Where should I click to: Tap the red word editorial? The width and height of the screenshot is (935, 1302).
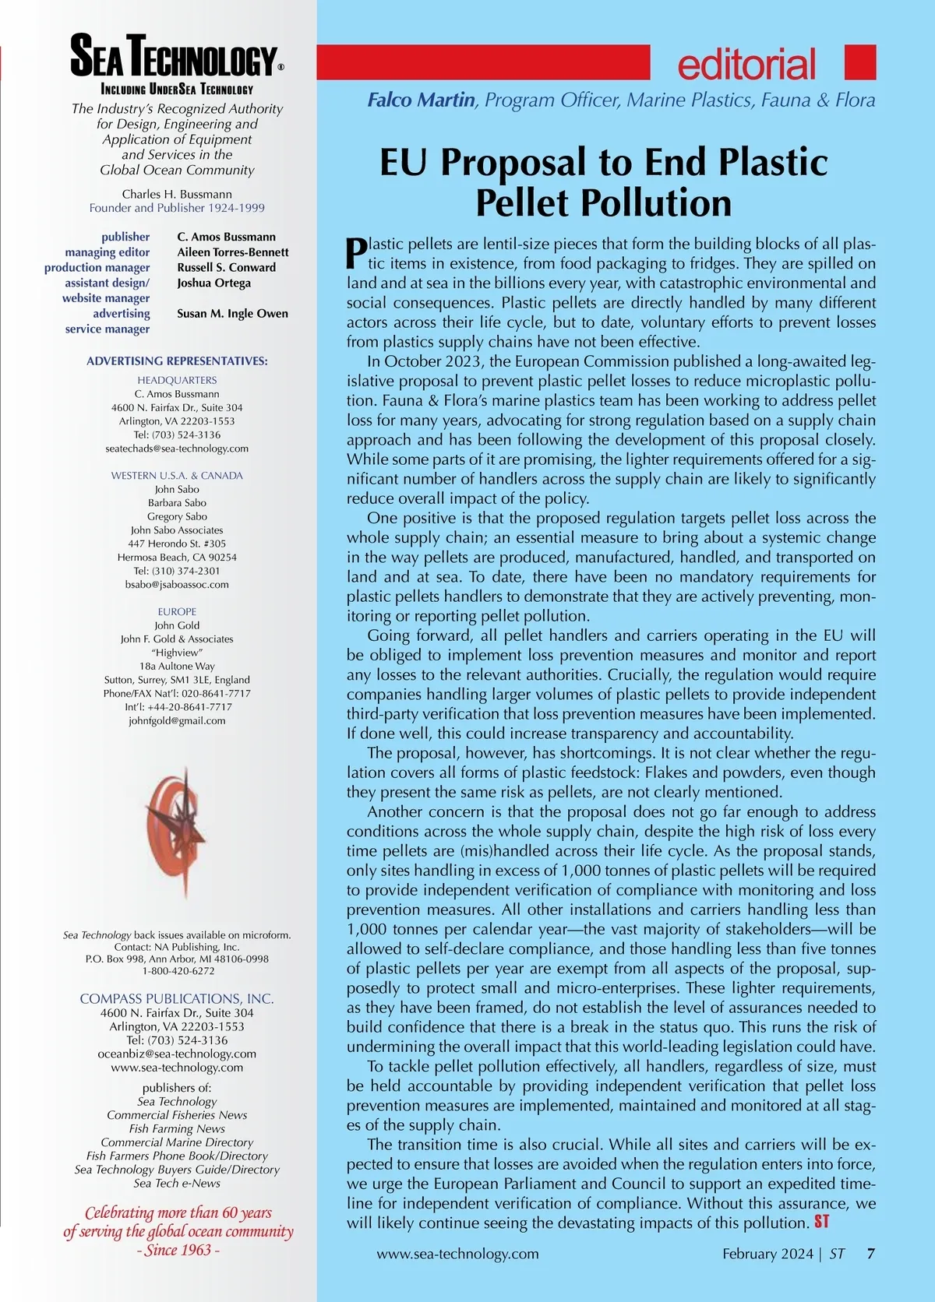tap(746, 64)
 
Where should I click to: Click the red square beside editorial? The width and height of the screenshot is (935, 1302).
tap(860, 62)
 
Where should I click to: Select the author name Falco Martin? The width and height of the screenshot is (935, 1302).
tap(421, 100)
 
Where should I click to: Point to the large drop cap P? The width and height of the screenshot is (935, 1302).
tap(355, 252)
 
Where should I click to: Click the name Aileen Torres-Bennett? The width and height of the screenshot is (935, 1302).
tap(232, 252)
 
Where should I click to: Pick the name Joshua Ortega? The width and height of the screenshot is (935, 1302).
tap(213, 283)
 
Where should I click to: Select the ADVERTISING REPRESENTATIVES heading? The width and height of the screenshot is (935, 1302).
tap(177, 361)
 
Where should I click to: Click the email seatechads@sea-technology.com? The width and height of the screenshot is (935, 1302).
tap(177, 449)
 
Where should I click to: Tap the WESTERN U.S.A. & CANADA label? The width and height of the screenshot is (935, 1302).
tap(177, 475)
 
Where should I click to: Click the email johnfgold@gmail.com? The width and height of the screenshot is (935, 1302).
tap(177, 720)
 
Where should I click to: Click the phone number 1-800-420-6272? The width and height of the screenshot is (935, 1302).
tap(178, 971)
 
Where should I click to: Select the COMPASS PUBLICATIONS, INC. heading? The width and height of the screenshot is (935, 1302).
tap(177, 998)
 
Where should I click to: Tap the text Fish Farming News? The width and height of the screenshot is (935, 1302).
tap(177, 1128)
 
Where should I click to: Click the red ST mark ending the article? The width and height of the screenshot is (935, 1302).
tap(822, 1222)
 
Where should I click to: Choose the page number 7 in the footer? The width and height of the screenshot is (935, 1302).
tap(870, 1254)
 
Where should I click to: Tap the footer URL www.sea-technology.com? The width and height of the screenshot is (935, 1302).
tap(457, 1254)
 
